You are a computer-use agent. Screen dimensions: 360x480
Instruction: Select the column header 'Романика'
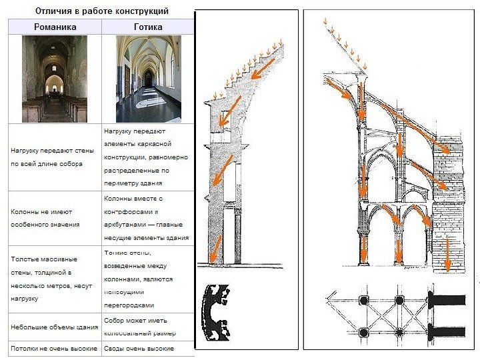tap(55, 27)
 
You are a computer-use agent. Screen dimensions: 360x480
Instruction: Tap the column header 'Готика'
tap(147, 27)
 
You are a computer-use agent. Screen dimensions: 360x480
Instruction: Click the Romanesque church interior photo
tap(55, 78)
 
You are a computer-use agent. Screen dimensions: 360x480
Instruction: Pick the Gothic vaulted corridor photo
tap(147, 78)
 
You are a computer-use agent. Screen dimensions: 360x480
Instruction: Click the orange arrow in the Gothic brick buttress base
tap(447, 255)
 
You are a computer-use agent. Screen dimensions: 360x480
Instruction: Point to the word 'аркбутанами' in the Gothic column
tap(123, 225)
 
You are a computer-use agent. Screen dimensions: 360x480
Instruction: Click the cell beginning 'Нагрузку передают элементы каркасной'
tap(146, 157)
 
